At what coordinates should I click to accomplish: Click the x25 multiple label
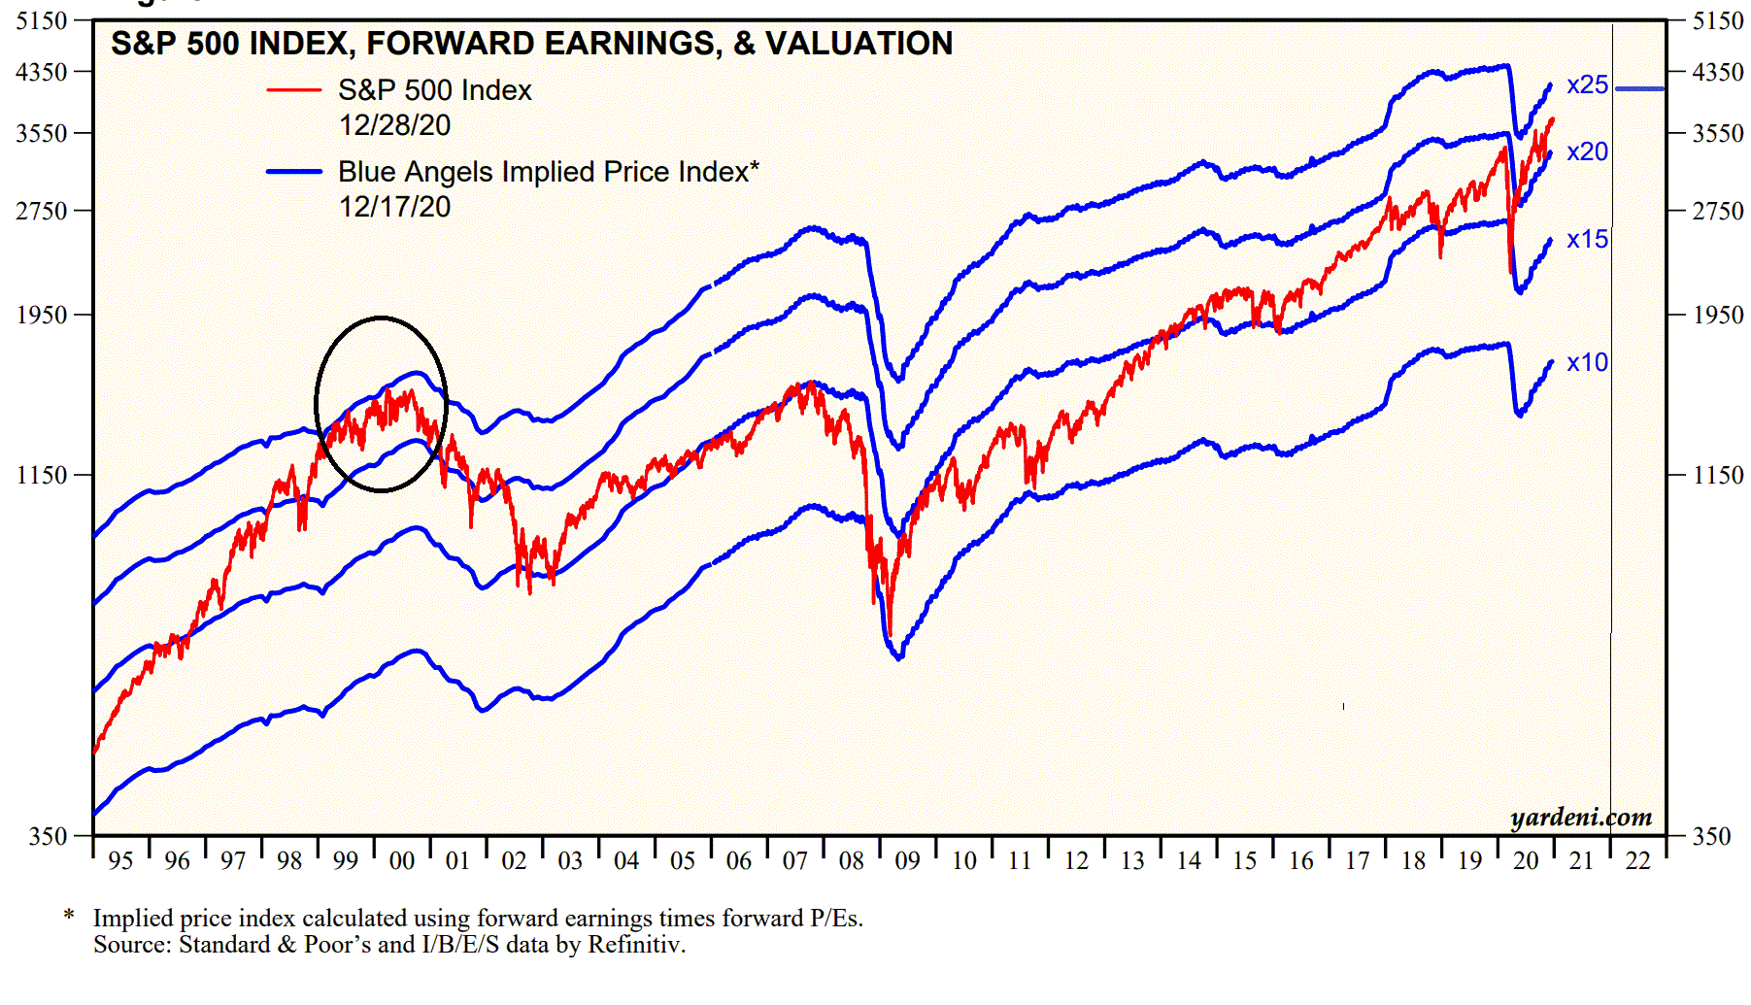tap(1587, 85)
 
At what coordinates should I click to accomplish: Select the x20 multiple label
tap(1587, 152)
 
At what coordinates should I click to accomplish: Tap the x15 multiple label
tap(1587, 240)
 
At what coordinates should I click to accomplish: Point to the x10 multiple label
tap(1587, 363)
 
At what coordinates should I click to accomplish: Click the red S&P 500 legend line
tap(294, 90)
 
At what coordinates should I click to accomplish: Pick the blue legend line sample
tap(294, 172)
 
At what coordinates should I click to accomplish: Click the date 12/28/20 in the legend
tap(394, 125)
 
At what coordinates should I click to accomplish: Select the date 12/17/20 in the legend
tap(394, 207)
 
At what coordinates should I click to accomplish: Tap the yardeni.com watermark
tap(1581, 818)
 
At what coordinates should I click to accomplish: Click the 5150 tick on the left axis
tap(42, 21)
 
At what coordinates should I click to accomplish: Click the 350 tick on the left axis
tap(48, 837)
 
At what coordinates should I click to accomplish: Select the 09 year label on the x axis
tap(907, 861)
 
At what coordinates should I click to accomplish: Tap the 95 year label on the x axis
tap(120, 861)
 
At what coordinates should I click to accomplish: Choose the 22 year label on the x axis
tap(1637, 861)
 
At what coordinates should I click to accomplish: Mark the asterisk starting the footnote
tap(69, 917)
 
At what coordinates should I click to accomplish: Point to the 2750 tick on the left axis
tap(42, 212)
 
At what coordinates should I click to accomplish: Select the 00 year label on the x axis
tap(401, 861)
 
